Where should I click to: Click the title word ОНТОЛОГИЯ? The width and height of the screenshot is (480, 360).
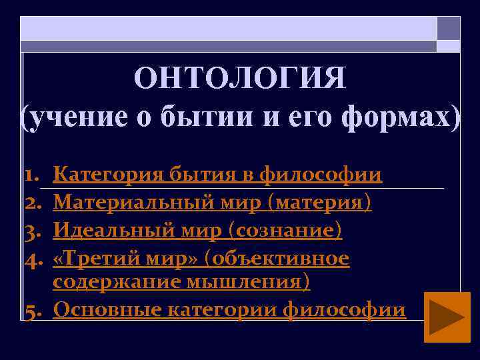(x=240, y=78)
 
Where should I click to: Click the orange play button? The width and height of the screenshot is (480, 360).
(x=447, y=317)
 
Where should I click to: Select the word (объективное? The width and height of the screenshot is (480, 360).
(x=277, y=257)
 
